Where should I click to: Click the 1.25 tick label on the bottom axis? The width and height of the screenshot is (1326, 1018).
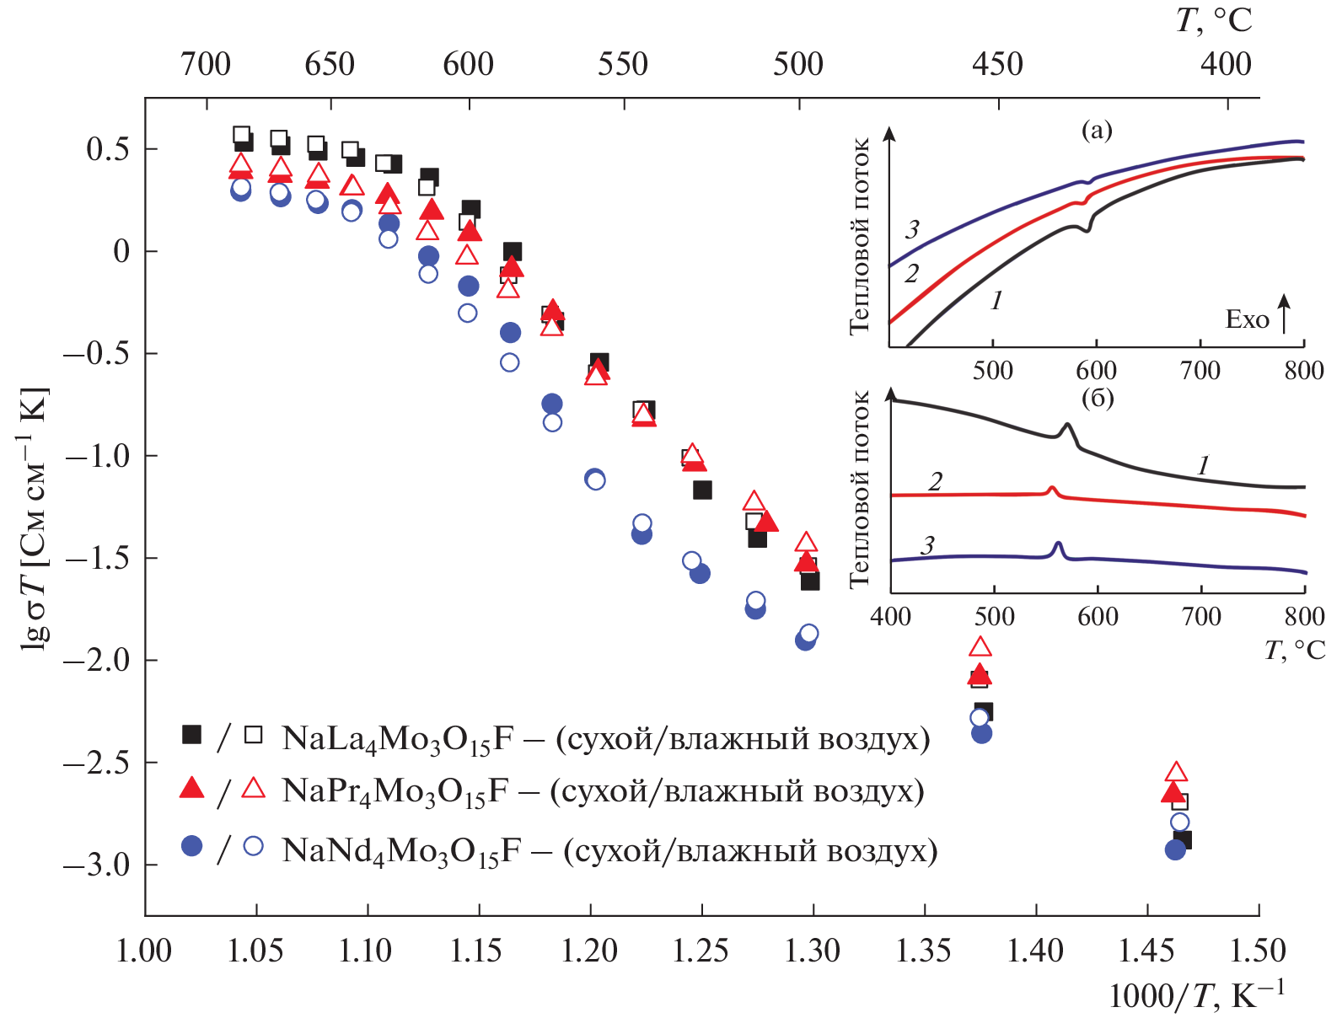tap(701, 951)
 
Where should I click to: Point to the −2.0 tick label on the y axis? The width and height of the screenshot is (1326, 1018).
tap(97, 660)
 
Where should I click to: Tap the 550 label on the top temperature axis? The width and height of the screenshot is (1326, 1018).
tap(623, 64)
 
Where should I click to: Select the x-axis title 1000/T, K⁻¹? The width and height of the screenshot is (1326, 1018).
tap(1196, 995)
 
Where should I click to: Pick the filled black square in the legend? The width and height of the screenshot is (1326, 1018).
tap(192, 735)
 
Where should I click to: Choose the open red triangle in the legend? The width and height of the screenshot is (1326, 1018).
tap(253, 788)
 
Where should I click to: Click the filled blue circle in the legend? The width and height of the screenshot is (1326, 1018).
tap(192, 846)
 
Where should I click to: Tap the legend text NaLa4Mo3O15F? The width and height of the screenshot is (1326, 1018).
tap(397, 739)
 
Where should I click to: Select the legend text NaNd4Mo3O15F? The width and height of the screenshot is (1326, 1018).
tap(400, 851)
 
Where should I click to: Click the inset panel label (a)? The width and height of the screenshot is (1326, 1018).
tap(1096, 130)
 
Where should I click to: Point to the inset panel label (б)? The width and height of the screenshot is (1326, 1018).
tap(1097, 398)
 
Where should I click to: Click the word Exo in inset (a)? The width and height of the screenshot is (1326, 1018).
tap(1247, 319)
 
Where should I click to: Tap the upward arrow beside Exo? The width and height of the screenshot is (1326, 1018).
tap(1284, 313)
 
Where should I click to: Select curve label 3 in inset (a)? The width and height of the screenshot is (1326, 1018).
tap(912, 229)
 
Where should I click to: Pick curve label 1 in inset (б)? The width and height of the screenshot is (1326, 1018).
tap(1204, 465)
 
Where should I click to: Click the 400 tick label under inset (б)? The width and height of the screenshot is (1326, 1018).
tap(891, 617)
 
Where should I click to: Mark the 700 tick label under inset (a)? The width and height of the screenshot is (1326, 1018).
tap(1200, 371)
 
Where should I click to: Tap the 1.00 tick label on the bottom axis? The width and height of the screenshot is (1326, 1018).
tap(143, 951)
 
